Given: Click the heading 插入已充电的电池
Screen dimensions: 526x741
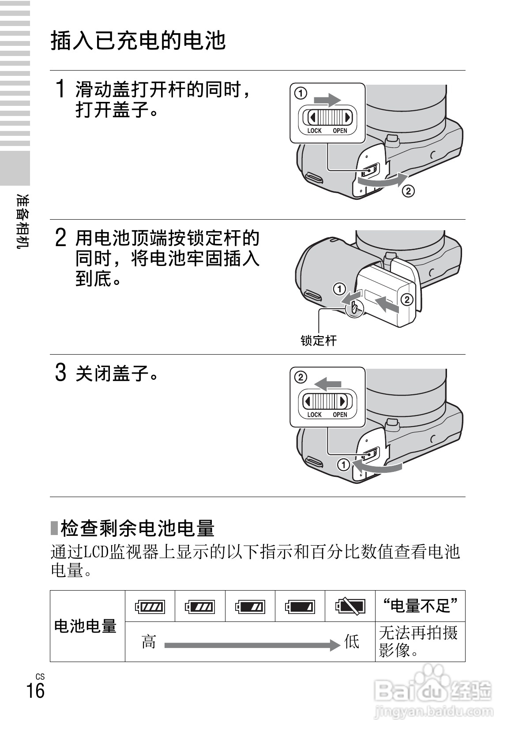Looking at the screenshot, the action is click(138, 41).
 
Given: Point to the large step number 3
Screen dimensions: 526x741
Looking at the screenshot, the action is click(61, 373).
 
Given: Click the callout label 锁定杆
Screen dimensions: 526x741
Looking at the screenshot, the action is click(319, 341).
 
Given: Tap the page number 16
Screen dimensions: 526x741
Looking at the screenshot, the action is click(35, 690).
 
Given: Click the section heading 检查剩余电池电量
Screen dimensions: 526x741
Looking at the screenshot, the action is click(137, 528).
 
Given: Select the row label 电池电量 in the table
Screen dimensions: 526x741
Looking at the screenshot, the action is click(85, 626).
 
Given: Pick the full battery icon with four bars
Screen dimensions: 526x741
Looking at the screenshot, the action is click(150, 606).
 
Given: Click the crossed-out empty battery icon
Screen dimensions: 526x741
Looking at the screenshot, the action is click(350, 606).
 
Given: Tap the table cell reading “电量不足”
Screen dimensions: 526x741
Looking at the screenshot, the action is click(420, 606).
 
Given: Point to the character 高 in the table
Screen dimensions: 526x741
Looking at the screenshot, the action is click(149, 642).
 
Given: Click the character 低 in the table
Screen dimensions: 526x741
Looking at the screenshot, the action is click(352, 642).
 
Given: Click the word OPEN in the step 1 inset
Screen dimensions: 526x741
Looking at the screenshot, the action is click(340, 131).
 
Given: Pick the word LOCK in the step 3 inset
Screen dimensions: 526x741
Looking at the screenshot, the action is click(314, 415).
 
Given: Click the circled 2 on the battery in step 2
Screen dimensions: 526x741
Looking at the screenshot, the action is click(406, 299).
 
